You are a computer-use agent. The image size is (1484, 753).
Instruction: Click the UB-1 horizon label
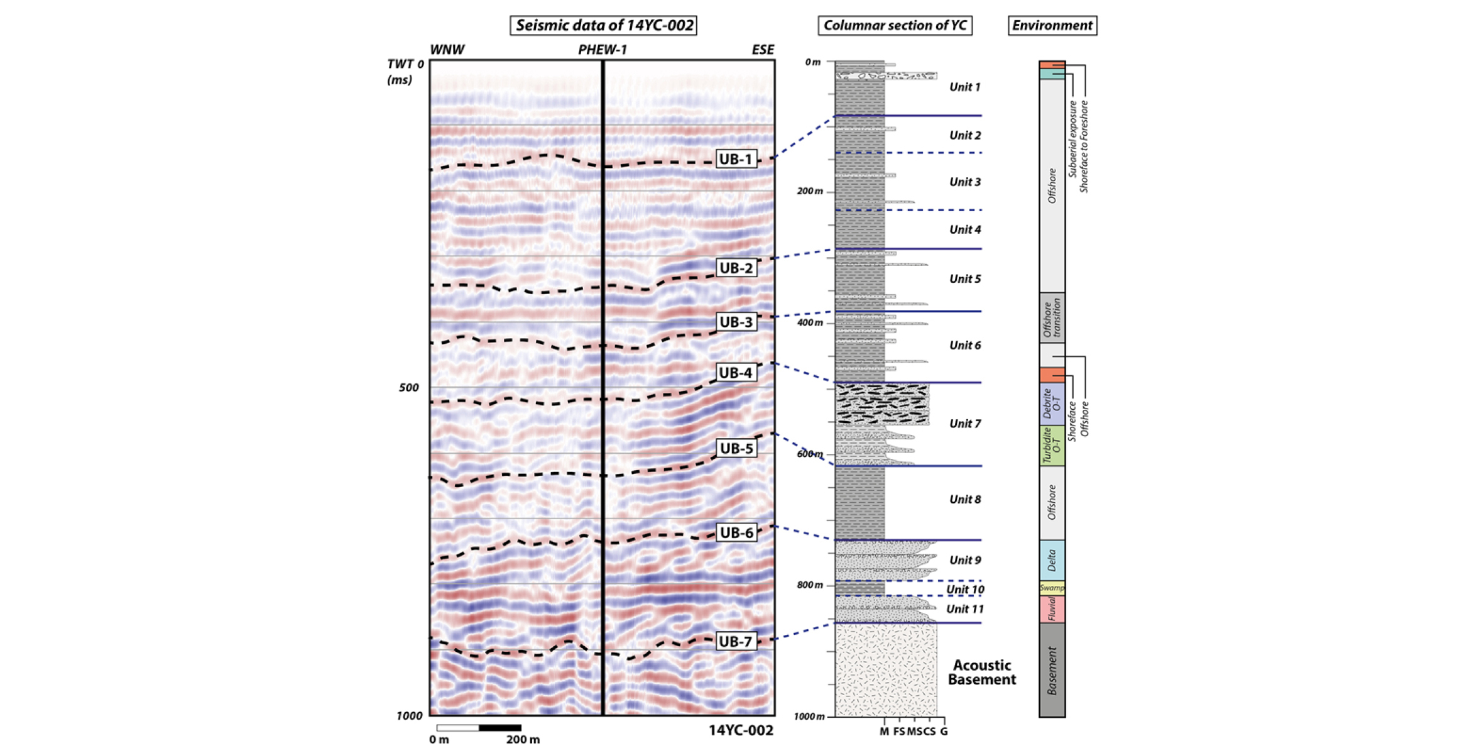[x=735, y=159]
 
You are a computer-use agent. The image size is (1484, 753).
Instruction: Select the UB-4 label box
[x=735, y=373]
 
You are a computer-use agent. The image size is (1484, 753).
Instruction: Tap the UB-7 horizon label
[x=735, y=642]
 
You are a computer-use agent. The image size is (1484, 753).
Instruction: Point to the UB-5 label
[x=736, y=449]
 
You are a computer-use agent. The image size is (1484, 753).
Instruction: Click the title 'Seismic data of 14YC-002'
[x=603, y=26]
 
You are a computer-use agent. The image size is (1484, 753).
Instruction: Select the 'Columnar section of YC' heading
[x=895, y=26]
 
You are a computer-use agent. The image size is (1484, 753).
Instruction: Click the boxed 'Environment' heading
[x=1052, y=26]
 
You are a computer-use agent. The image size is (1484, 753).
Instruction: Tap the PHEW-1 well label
[x=603, y=50]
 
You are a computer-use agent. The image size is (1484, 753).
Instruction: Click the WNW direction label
[x=447, y=50]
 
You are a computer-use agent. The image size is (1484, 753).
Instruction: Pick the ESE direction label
[x=763, y=50]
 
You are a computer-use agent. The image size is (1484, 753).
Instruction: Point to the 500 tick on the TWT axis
[x=408, y=388]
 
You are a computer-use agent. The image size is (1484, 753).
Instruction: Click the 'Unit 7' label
[x=964, y=424]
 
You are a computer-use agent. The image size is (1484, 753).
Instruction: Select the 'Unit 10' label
[x=965, y=590]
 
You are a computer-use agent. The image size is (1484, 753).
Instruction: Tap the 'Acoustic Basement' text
[x=982, y=672]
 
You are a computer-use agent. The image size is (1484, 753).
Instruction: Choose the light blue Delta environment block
[x=1052, y=560]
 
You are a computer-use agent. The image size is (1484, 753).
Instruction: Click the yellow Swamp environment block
[x=1052, y=588]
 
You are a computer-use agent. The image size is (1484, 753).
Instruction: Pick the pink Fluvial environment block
[x=1052, y=609]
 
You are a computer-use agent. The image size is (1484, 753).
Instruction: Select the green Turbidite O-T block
[x=1052, y=446]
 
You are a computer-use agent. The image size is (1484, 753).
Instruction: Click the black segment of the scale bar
[x=500, y=728]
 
